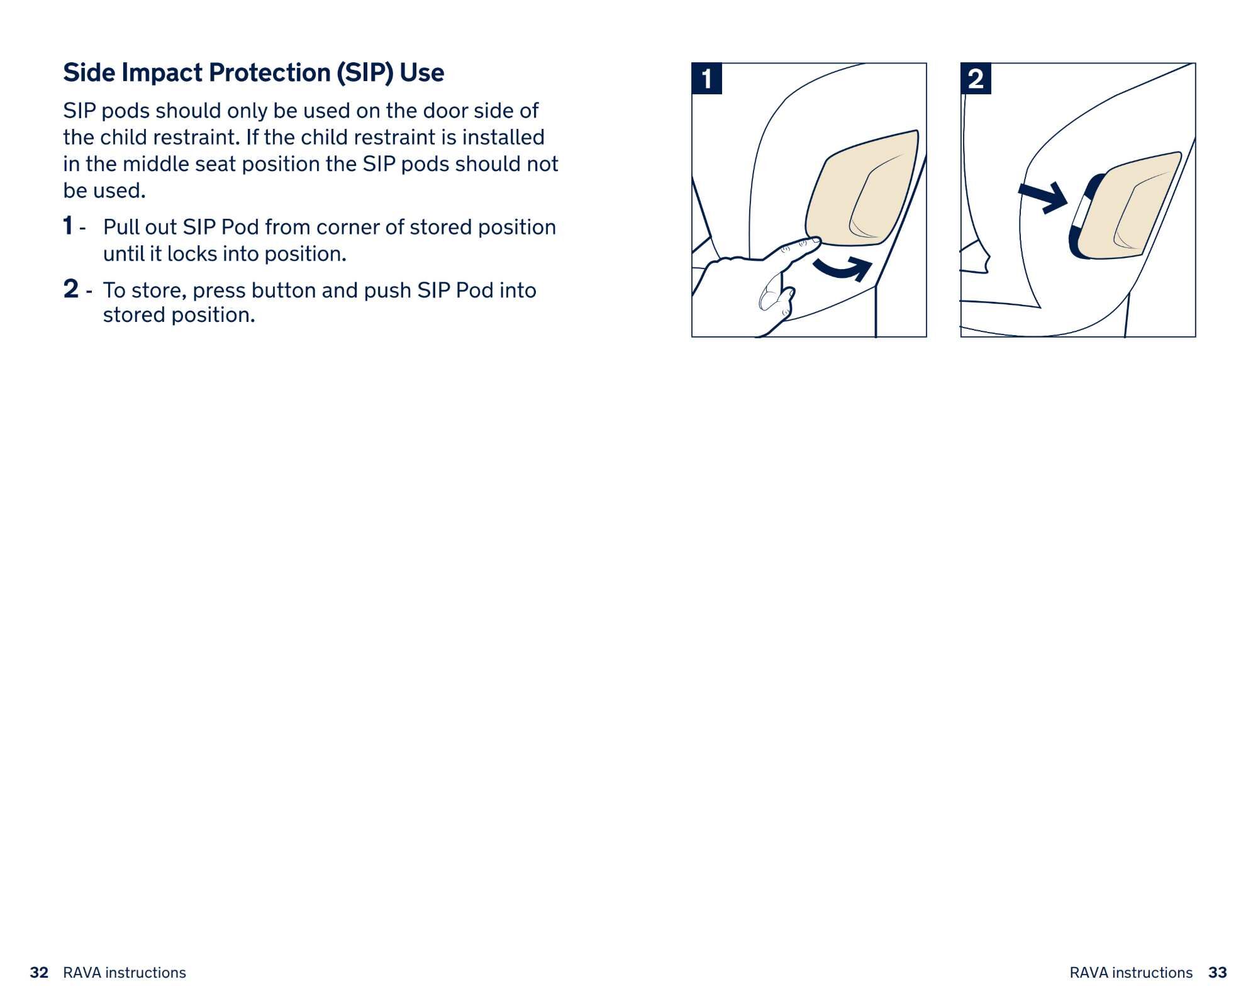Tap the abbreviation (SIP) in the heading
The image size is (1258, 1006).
coord(364,73)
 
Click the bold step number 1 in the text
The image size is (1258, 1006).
coord(68,226)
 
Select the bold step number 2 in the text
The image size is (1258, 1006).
coord(71,289)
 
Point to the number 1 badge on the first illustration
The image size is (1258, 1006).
coord(707,79)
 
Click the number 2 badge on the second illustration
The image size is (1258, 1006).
coord(976,79)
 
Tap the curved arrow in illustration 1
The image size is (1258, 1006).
coord(843,268)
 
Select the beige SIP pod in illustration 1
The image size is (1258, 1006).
coord(862,189)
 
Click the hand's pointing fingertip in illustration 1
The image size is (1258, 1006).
coord(815,240)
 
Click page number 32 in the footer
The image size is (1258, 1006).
coord(39,973)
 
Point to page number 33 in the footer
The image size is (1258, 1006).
coord(1217,973)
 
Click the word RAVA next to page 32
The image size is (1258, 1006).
coord(82,973)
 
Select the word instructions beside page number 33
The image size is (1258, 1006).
coord(1152,973)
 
